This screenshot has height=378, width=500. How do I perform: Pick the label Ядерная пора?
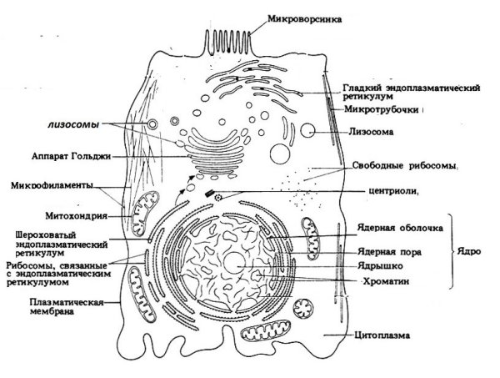pos(382,249)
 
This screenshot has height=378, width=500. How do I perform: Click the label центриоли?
pos(391,189)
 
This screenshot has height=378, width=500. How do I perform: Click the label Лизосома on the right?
pos(369,131)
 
